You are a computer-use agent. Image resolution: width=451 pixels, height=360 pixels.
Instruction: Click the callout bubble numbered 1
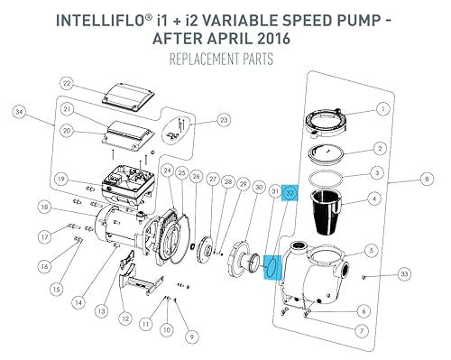[x=384, y=107]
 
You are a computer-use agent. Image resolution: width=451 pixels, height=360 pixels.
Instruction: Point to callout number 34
[x=19, y=111]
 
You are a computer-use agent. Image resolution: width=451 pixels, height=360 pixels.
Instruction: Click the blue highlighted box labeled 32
[x=290, y=193]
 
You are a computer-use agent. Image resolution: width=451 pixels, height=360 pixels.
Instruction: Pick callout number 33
[x=404, y=273]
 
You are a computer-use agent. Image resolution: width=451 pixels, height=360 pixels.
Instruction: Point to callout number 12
[x=124, y=318]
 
